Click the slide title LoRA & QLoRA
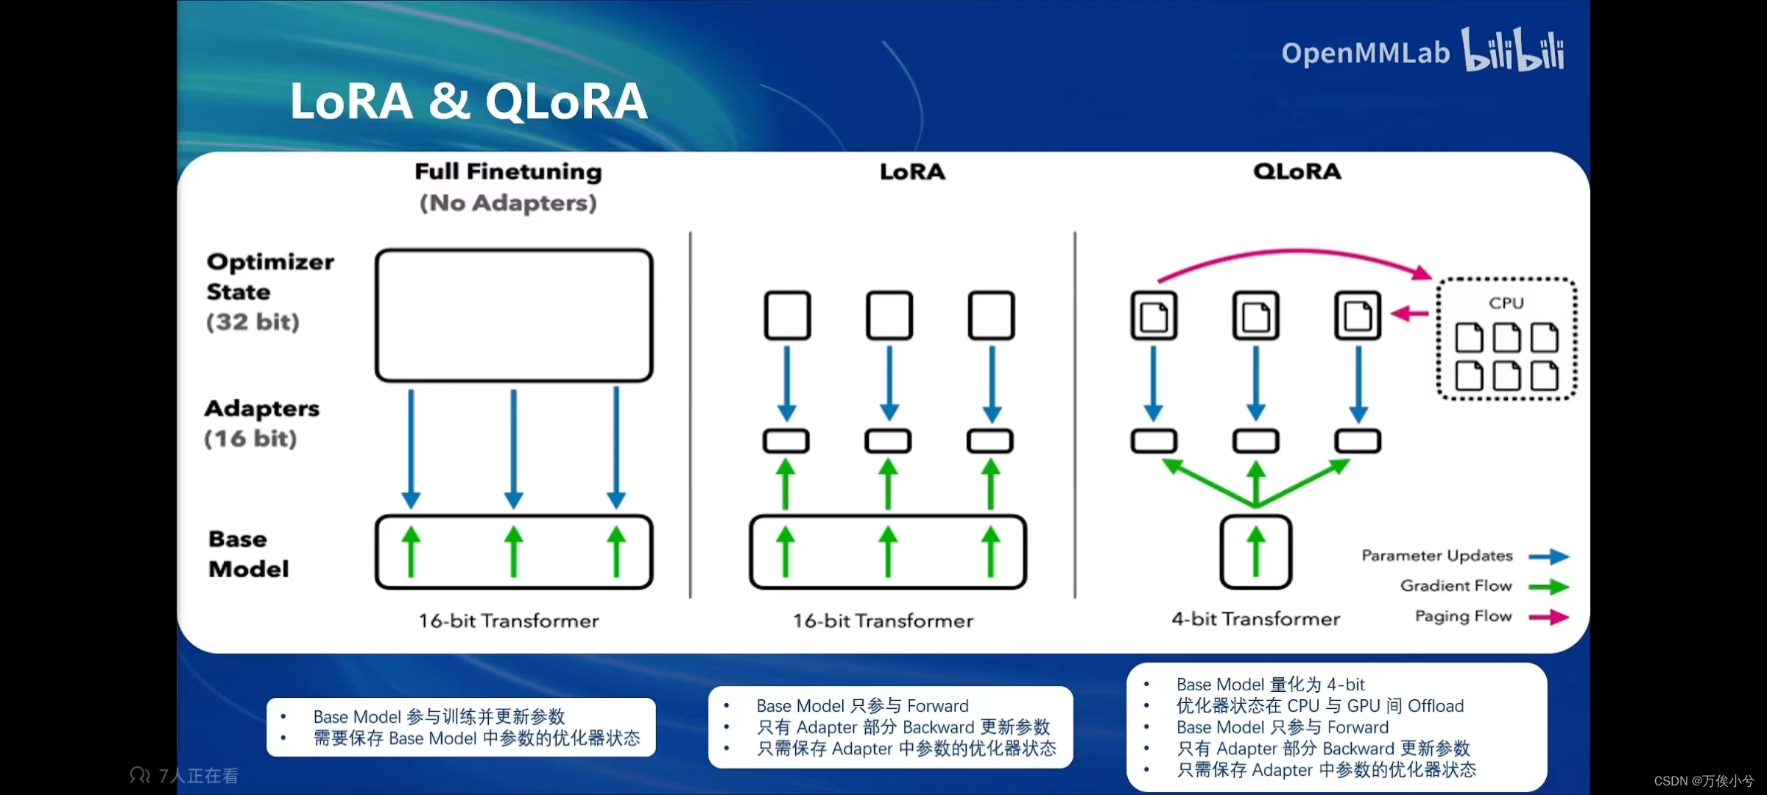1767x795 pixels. [x=468, y=101]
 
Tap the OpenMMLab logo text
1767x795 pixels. [x=1365, y=53]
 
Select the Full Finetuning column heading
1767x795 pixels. [x=508, y=172]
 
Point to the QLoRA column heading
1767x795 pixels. [x=1297, y=172]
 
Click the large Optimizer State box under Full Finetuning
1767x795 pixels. [x=514, y=315]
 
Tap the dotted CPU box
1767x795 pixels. [x=1506, y=339]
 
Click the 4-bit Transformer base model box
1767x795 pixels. [x=1255, y=552]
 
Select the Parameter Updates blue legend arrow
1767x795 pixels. [x=1549, y=556]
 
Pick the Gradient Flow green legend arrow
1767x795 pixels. [x=1549, y=587]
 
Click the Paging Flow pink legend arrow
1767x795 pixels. [x=1549, y=617]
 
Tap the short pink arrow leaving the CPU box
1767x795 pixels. [x=1410, y=314]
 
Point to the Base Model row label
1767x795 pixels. [x=248, y=554]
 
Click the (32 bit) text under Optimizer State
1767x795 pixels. [x=253, y=322]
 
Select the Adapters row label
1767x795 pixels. [x=261, y=409]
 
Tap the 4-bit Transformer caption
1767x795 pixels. [x=1255, y=619]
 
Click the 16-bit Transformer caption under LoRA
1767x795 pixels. [x=883, y=621]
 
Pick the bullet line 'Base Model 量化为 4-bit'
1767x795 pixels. [x=1270, y=685]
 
